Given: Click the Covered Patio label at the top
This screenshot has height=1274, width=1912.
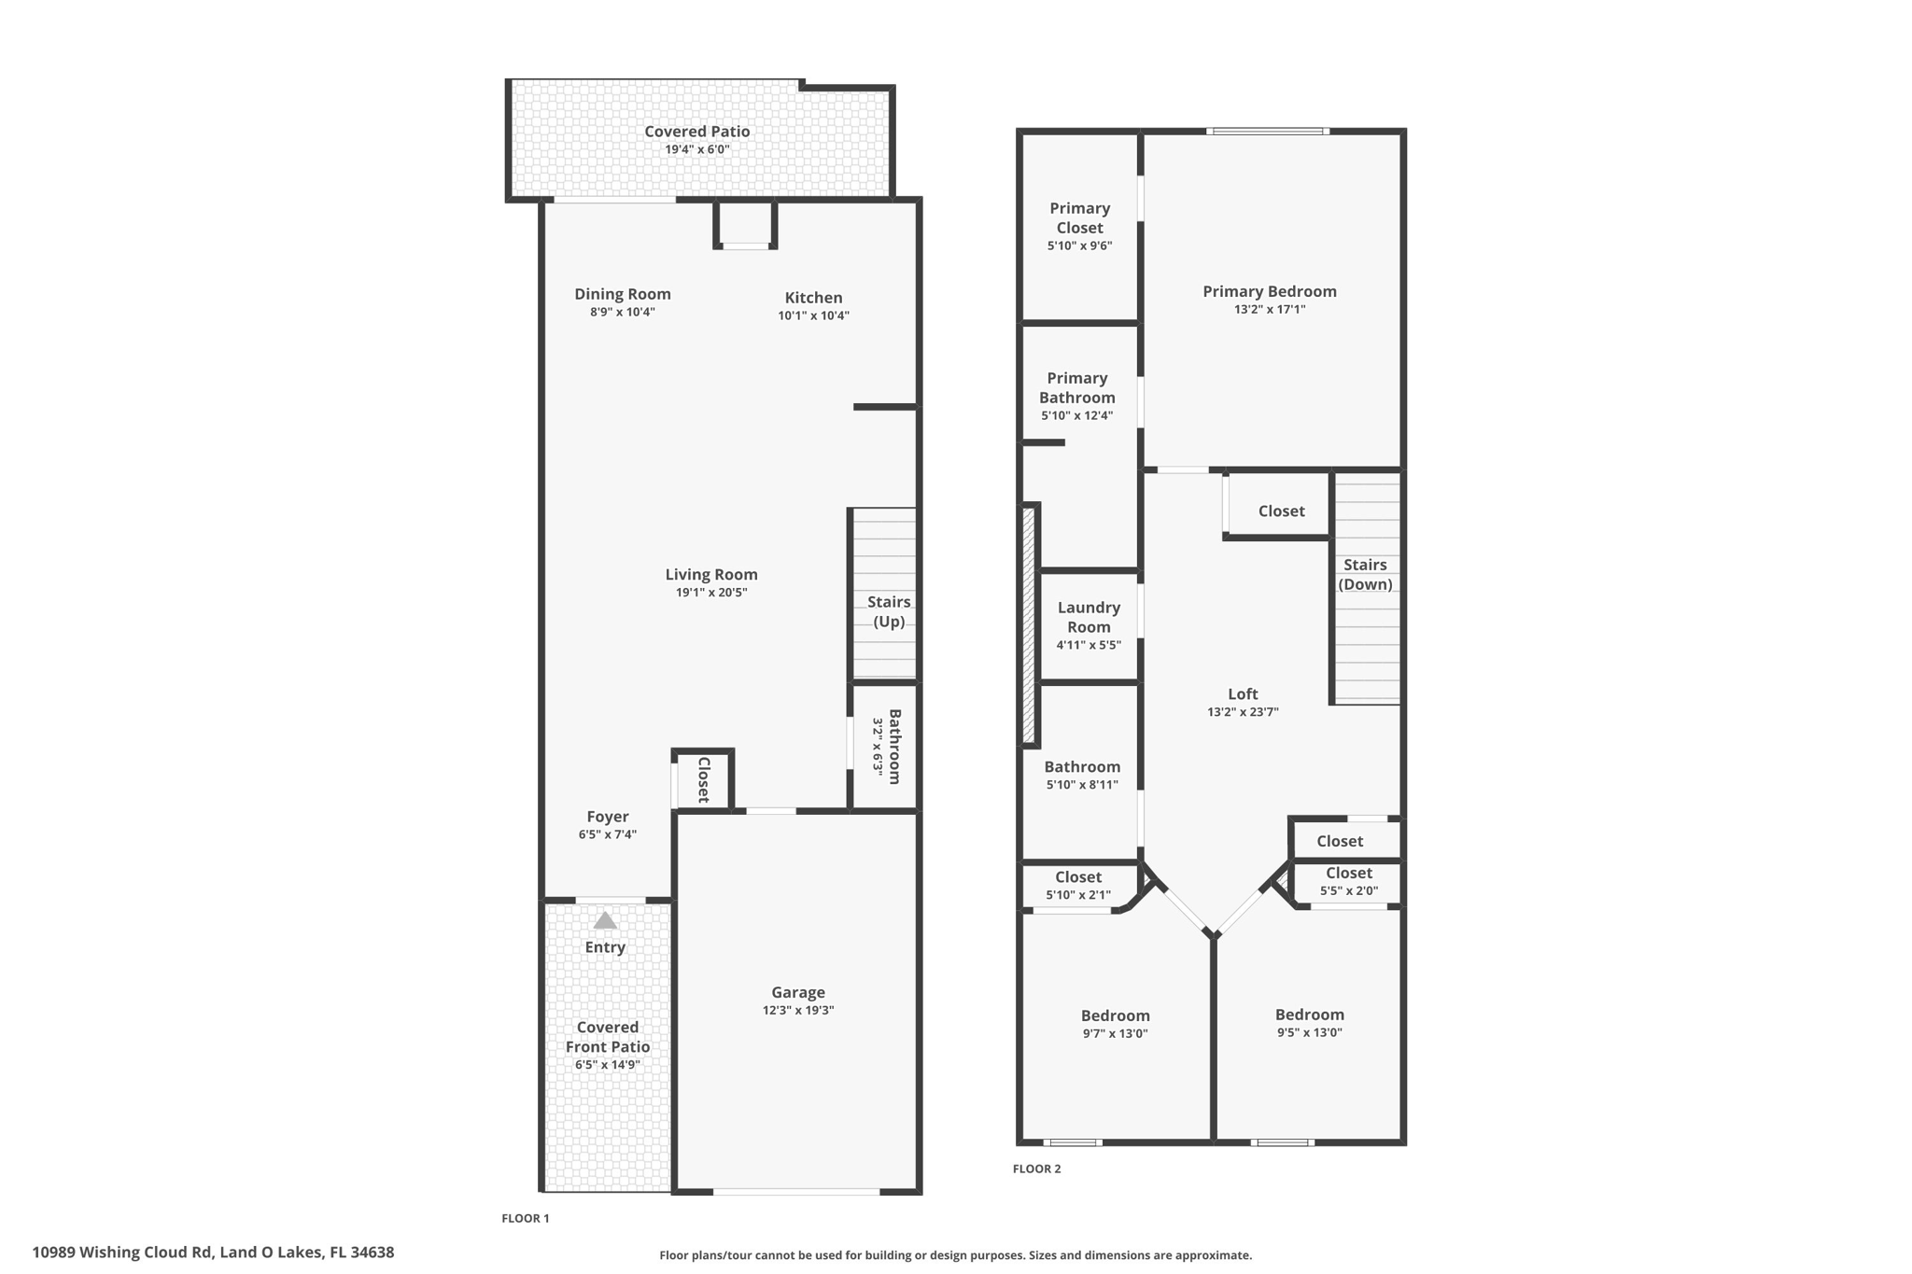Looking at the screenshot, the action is coord(697,132).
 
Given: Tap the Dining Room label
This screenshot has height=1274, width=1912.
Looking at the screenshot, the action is coord(623,294).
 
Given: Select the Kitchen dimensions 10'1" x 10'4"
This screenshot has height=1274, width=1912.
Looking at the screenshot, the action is coord(814,315).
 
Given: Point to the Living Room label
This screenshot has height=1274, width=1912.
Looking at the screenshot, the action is coord(711,575).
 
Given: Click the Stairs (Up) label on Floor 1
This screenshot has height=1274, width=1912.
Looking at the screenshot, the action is coord(889,611).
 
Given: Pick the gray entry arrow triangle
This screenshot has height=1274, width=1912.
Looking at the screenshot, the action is coord(605,920).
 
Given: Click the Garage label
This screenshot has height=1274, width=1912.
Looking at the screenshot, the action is coord(798,992).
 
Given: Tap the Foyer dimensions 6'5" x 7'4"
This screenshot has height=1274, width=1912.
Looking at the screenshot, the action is coord(608,834).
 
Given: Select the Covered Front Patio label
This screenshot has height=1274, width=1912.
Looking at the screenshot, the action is coord(608,1037).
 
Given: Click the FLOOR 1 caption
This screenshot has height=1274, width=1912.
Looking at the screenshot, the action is coord(526,1218).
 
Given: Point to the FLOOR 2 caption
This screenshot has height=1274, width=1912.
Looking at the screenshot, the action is coord(1037,1169).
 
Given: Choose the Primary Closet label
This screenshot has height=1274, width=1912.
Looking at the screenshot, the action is coord(1080,217).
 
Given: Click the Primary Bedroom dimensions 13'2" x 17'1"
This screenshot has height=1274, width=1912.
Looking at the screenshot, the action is coord(1270,309).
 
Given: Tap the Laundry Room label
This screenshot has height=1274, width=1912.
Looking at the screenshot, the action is coord(1089,617).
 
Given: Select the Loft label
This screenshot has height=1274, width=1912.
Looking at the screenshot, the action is coord(1243,693).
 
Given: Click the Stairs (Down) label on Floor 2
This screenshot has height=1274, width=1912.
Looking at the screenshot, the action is coord(1365,574).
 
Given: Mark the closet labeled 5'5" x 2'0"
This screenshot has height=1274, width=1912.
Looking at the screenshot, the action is coord(1349,881).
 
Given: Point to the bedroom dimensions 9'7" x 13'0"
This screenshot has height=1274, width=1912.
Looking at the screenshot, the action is coord(1115,1033).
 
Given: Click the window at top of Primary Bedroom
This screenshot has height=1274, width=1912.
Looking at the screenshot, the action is coord(1268,132).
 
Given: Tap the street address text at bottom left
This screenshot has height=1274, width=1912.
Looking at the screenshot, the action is coord(213,1253).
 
